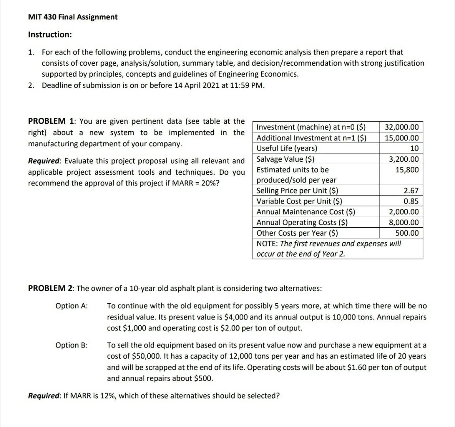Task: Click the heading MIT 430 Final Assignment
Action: [x=73, y=17]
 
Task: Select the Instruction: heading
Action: [x=50, y=34]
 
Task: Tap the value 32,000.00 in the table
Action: [x=401, y=127]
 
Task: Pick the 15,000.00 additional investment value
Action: [x=401, y=138]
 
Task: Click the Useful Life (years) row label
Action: [x=287, y=149]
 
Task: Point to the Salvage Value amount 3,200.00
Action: [x=404, y=159]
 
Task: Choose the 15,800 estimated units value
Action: [x=407, y=170]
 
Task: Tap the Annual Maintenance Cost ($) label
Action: [x=306, y=212]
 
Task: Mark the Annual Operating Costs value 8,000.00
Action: [x=404, y=223]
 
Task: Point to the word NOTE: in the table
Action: [x=267, y=244]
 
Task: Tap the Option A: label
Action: [x=72, y=306]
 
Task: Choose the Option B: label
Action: [x=72, y=345]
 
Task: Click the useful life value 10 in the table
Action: [x=414, y=149]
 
